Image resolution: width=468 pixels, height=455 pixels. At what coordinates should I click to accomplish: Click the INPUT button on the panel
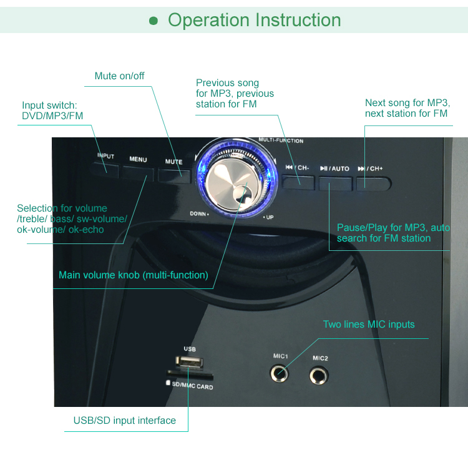[105, 167]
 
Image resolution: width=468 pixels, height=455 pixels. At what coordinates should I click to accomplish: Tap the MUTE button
[174, 175]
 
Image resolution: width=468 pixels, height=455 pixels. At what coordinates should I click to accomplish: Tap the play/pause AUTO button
[335, 182]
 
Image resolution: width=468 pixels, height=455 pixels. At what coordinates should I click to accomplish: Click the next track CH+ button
[373, 182]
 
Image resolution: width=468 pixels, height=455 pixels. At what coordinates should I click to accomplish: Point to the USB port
[189, 363]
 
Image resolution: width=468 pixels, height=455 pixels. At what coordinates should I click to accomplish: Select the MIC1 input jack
[280, 373]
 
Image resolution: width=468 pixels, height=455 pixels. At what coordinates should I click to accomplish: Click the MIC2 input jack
[320, 376]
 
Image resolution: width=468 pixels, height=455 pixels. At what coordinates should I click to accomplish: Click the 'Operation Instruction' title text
[255, 20]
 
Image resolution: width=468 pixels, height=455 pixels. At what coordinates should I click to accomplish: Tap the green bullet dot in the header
[154, 21]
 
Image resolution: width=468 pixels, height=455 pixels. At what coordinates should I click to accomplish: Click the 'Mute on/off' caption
[119, 76]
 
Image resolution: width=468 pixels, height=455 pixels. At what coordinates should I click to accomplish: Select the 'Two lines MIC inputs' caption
[368, 325]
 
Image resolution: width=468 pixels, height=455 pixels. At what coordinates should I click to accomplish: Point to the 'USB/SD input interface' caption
[125, 421]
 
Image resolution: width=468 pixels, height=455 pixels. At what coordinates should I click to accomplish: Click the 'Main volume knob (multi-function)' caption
[134, 275]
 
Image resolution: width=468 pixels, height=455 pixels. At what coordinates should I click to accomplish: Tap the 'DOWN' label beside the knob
[198, 213]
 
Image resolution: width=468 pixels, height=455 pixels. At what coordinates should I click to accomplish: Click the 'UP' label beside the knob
[268, 217]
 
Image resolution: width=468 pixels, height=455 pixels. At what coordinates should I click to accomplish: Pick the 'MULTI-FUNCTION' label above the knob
[281, 140]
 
